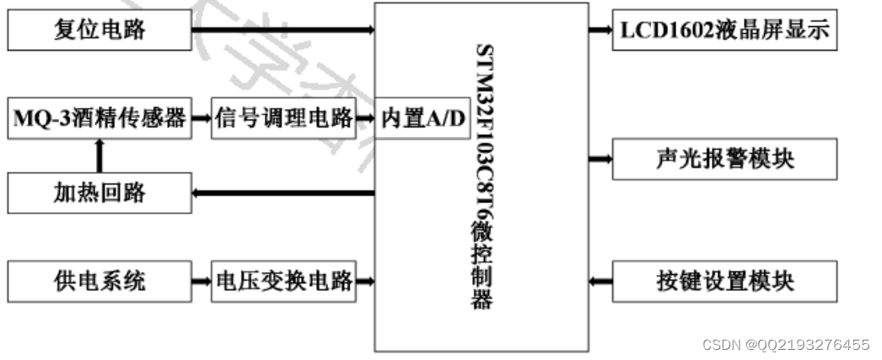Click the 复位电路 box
click(x=99, y=31)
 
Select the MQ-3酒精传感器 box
click(x=99, y=119)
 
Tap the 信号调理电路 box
click(x=282, y=119)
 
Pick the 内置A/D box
click(x=422, y=119)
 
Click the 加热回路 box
click(x=99, y=193)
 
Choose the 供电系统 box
click(x=99, y=280)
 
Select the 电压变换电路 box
click(x=282, y=280)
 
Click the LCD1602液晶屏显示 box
click(x=725, y=31)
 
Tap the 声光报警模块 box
click(x=725, y=158)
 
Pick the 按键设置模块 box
click(x=725, y=280)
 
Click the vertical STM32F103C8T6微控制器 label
click(x=481, y=177)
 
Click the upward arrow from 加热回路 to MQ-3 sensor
click(x=99, y=156)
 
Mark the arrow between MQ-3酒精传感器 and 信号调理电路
click(x=201, y=119)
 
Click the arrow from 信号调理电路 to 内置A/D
click(x=365, y=119)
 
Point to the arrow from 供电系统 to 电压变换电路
click(x=201, y=280)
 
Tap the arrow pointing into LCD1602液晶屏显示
click(x=600, y=31)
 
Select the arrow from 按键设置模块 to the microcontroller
click(x=600, y=280)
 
